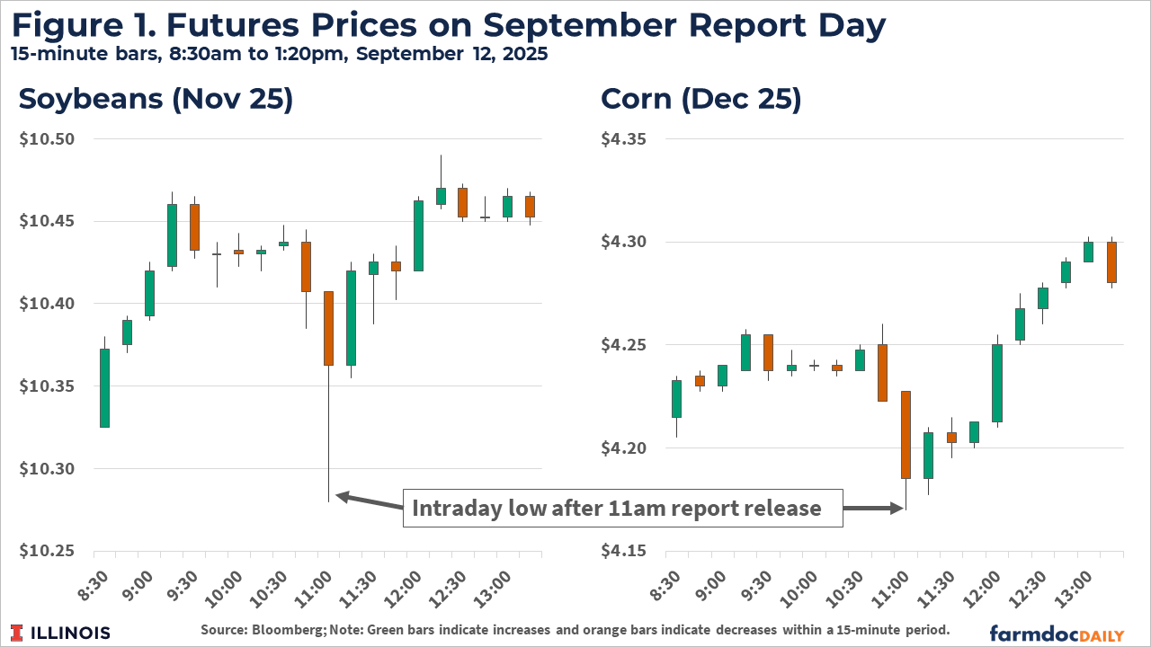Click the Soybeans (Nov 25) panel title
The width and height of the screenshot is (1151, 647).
156,100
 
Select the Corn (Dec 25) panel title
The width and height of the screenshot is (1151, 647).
700,100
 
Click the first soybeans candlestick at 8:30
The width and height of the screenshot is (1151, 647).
104,388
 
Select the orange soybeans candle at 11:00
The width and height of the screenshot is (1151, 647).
328,328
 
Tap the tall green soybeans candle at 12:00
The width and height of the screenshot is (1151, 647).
418,235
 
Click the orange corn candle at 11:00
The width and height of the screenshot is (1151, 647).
906,435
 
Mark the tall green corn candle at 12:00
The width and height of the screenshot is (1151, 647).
997,383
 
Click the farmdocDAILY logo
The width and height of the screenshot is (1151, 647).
1057,633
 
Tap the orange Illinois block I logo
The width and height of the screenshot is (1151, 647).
18,633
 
